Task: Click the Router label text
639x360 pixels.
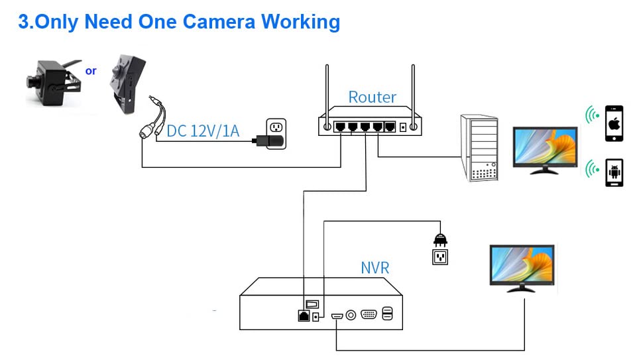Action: [x=372, y=97]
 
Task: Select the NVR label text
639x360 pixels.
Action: [x=375, y=268]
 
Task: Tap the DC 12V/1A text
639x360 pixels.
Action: [x=203, y=131]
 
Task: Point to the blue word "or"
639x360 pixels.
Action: [x=91, y=70]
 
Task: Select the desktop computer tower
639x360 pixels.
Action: [x=479, y=148]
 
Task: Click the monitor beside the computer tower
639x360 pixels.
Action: [x=546, y=149]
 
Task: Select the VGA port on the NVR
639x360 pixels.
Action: [x=369, y=315]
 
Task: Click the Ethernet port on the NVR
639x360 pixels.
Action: [x=304, y=316]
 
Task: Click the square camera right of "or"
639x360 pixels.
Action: [x=128, y=84]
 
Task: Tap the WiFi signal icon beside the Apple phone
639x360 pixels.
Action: [x=591, y=117]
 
